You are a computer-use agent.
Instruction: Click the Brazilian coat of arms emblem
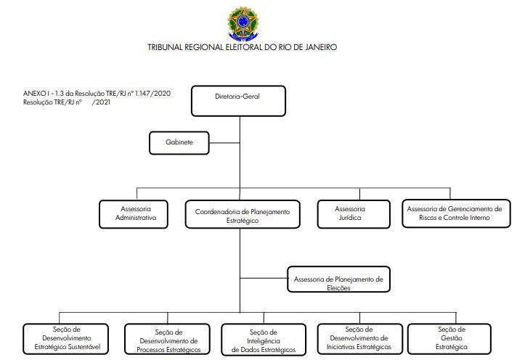(x=243, y=23)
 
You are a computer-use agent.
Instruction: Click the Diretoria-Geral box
(x=238, y=101)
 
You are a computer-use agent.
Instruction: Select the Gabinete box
(x=179, y=143)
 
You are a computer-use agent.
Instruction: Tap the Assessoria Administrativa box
(x=134, y=214)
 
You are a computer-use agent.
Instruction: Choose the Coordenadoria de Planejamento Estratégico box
(x=243, y=214)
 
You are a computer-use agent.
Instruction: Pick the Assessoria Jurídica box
(x=354, y=214)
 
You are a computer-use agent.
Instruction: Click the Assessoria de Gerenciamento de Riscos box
(x=456, y=213)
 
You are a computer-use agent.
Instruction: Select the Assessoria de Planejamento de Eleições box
(x=338, y=279)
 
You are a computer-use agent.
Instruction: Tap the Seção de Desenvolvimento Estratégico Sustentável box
(x=65, y=338)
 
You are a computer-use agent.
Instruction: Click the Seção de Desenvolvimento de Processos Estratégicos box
(x=167, y=339)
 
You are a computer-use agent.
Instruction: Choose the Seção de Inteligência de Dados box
(x=264, y=339)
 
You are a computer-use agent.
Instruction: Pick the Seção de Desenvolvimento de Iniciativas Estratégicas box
(x=359, y=338)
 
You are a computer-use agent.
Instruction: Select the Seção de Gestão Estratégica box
(x=449, y=338)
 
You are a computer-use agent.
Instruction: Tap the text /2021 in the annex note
(x=101, y=102)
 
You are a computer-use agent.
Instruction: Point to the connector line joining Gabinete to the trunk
(x=224, y=143)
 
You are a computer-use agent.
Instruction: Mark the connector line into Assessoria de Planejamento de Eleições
(x=264, y=278)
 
